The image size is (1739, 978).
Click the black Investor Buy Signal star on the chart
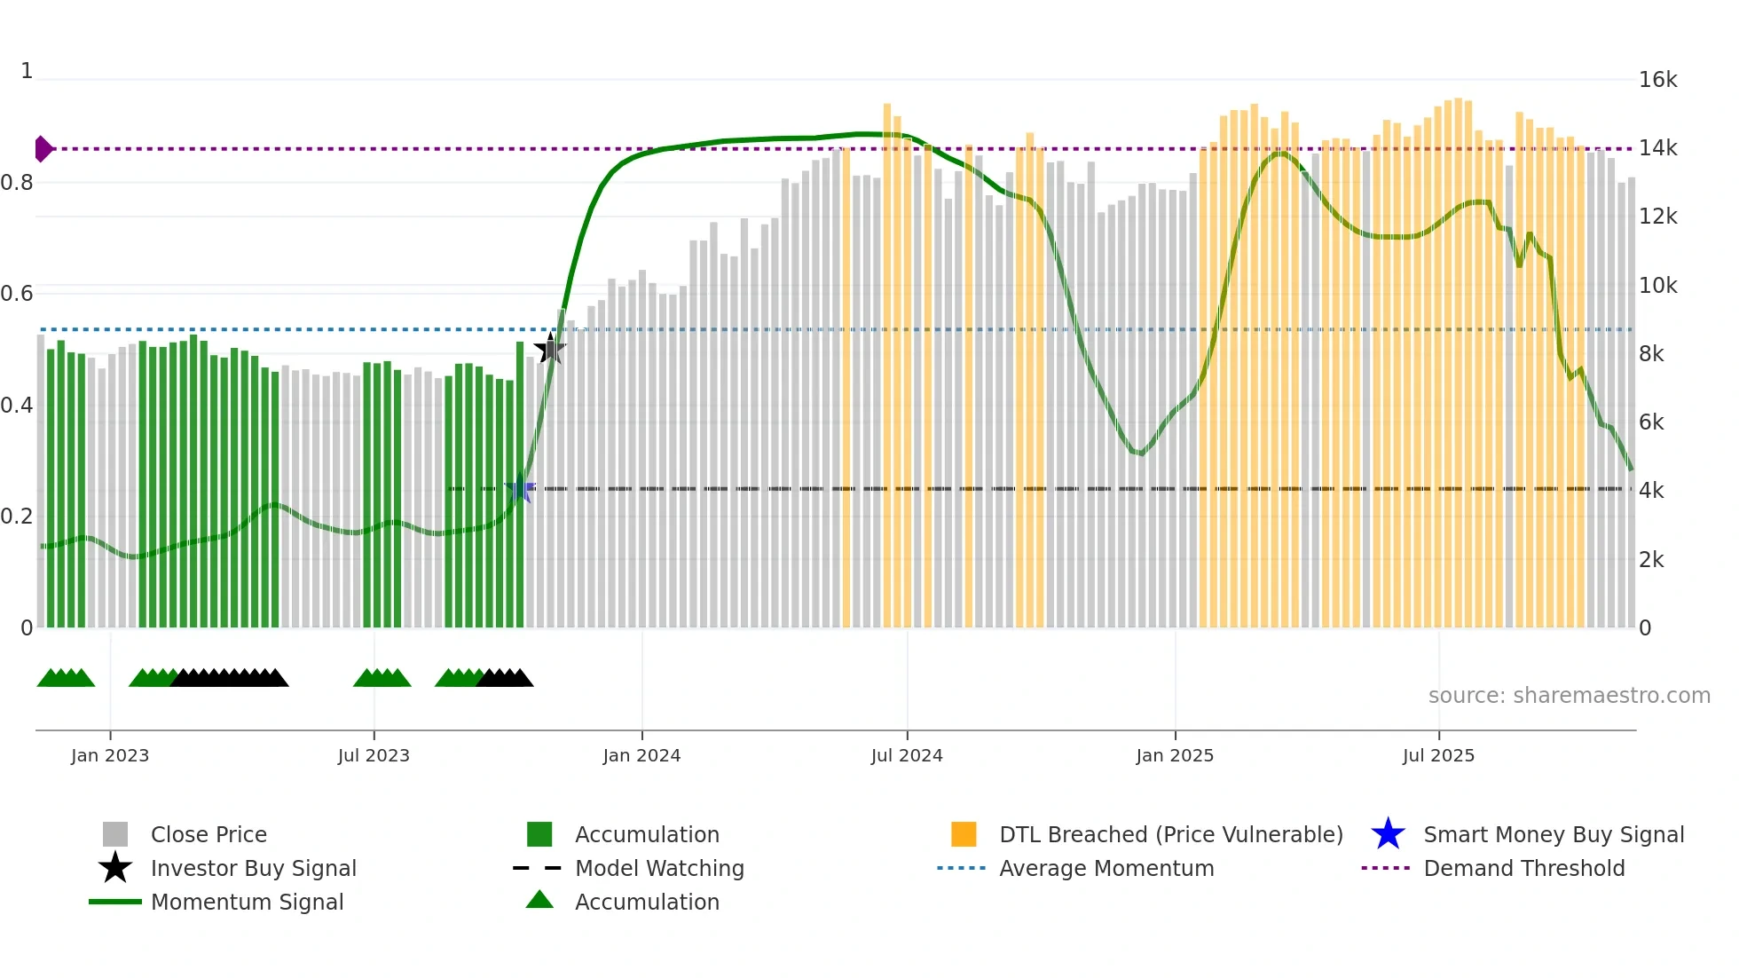pos(550,349)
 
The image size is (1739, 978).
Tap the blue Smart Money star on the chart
pos(520,488)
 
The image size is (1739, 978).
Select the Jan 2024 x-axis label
pos(641,755)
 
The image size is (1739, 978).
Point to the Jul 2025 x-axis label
pos(1438,755)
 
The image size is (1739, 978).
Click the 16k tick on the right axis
pos(1657,80)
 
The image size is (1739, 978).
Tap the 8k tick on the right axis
pos(1651,354)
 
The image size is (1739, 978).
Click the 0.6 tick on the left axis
pos(17,294)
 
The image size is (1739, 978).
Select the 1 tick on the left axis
pos(27,71)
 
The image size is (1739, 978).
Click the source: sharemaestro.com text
pos(1569,695)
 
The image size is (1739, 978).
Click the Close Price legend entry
pos(209,834)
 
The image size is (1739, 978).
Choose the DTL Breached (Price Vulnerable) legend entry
pos(1170,834)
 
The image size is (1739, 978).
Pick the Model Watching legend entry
pos(659,868)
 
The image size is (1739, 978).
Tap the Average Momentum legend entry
pos(1106,868)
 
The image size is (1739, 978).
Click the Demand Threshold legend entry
pos(1523,868)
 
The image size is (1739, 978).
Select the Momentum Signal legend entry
pos(247,902)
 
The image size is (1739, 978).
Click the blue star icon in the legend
pos(1388,834)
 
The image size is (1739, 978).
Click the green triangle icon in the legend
pos(539,900)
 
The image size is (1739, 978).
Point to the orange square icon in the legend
pos(964,834)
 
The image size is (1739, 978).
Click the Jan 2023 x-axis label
pos(110,755)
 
